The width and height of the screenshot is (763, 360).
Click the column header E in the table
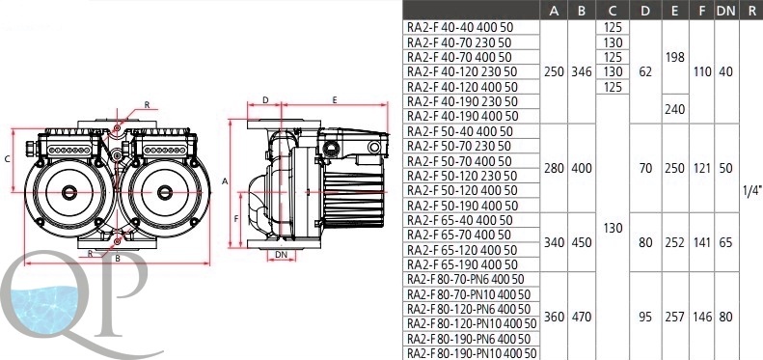pos(674,12)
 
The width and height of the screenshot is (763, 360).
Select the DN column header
pos(725,12)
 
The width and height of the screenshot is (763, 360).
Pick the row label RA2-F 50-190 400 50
pos(463,206)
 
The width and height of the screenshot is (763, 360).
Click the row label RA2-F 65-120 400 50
pos(462,250)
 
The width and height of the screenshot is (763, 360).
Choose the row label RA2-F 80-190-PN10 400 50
pos(472,353)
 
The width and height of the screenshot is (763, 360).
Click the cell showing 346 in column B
pos(582,72)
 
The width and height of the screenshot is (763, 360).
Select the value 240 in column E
pos(675,109)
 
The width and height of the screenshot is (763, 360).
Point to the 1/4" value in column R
pos(751,191)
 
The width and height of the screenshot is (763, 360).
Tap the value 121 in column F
pos(701,169)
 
